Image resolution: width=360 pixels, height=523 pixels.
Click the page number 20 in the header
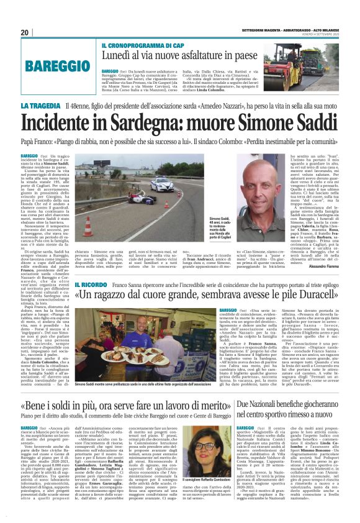(25, 32)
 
